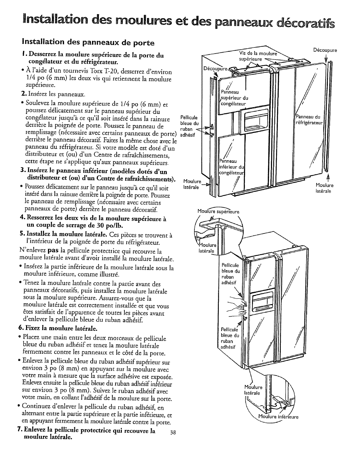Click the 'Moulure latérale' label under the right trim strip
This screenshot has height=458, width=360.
[325, 188]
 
